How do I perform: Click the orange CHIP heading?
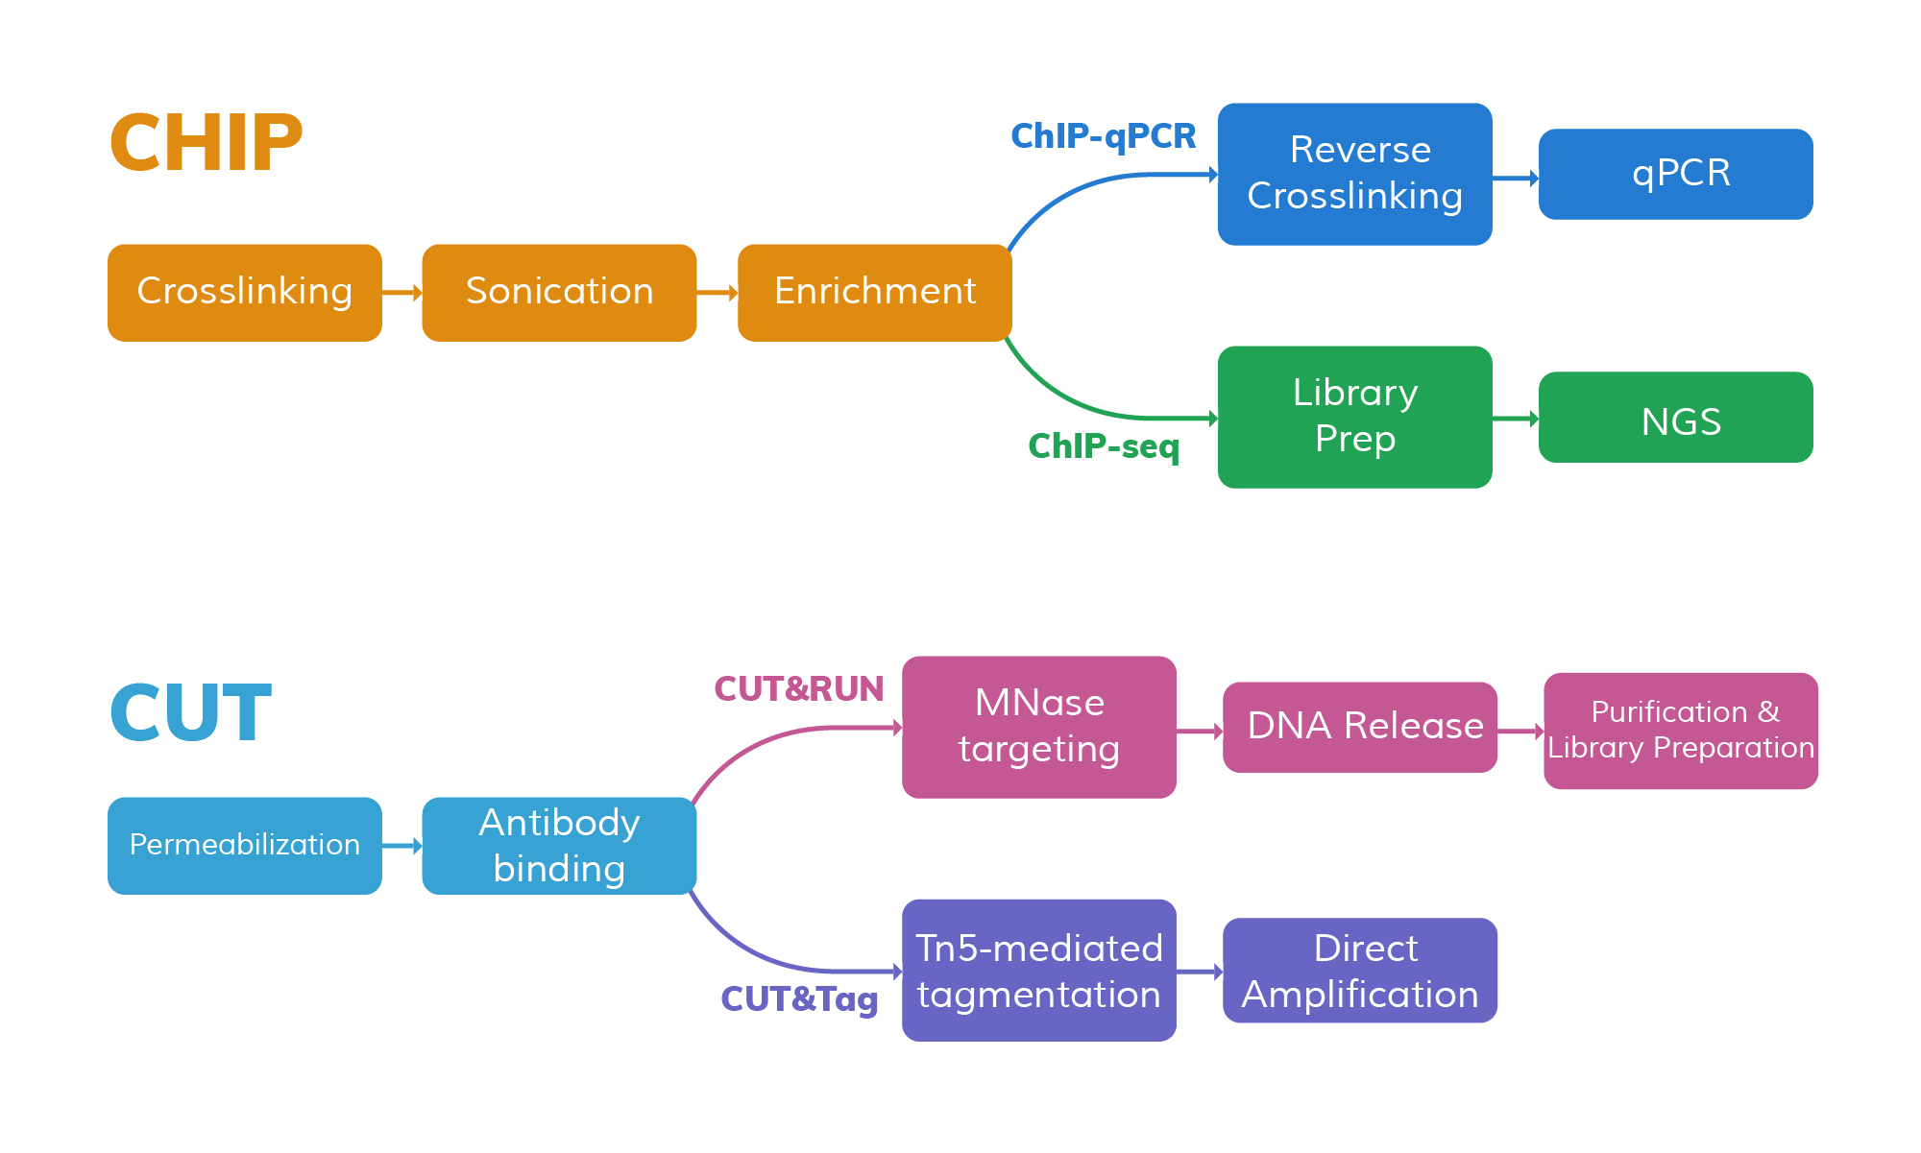[206, 143]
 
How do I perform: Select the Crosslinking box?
[244, 292]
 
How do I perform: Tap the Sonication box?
[559, 292]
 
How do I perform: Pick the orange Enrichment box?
[874, 292]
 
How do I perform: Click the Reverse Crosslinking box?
[1354, 174]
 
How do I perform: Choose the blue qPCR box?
[1675, 174]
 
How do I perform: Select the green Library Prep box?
[1354, 417]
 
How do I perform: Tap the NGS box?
[1675, 418]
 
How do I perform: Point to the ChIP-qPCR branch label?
[1103, 136]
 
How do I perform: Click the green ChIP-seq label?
[1103, 446]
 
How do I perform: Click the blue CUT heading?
[190, 713]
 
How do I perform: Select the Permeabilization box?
[244, 845]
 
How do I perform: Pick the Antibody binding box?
[559, 845]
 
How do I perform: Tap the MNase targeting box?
[1038, 727]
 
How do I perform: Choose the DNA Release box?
[1359, 727]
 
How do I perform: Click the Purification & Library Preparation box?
[1680, 731]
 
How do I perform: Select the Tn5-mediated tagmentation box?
[1038, 970]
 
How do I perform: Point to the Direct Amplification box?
[1359, 970]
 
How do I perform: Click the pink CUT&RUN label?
[798, 689]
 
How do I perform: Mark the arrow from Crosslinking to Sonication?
[401, 292]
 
